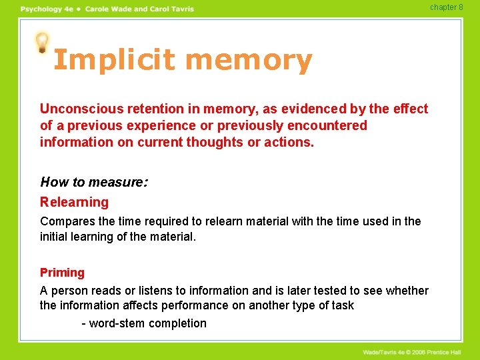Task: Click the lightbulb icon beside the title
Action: [x=42, y=43]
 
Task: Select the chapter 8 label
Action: [x=446, y=7]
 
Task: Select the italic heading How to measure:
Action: [x=94, y=181]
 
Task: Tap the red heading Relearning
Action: [x=74, y=202]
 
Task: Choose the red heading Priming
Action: [x=62, y=273]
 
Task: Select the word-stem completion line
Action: [x=144, y=323]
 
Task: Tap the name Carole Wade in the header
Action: [x=109, y=9]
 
